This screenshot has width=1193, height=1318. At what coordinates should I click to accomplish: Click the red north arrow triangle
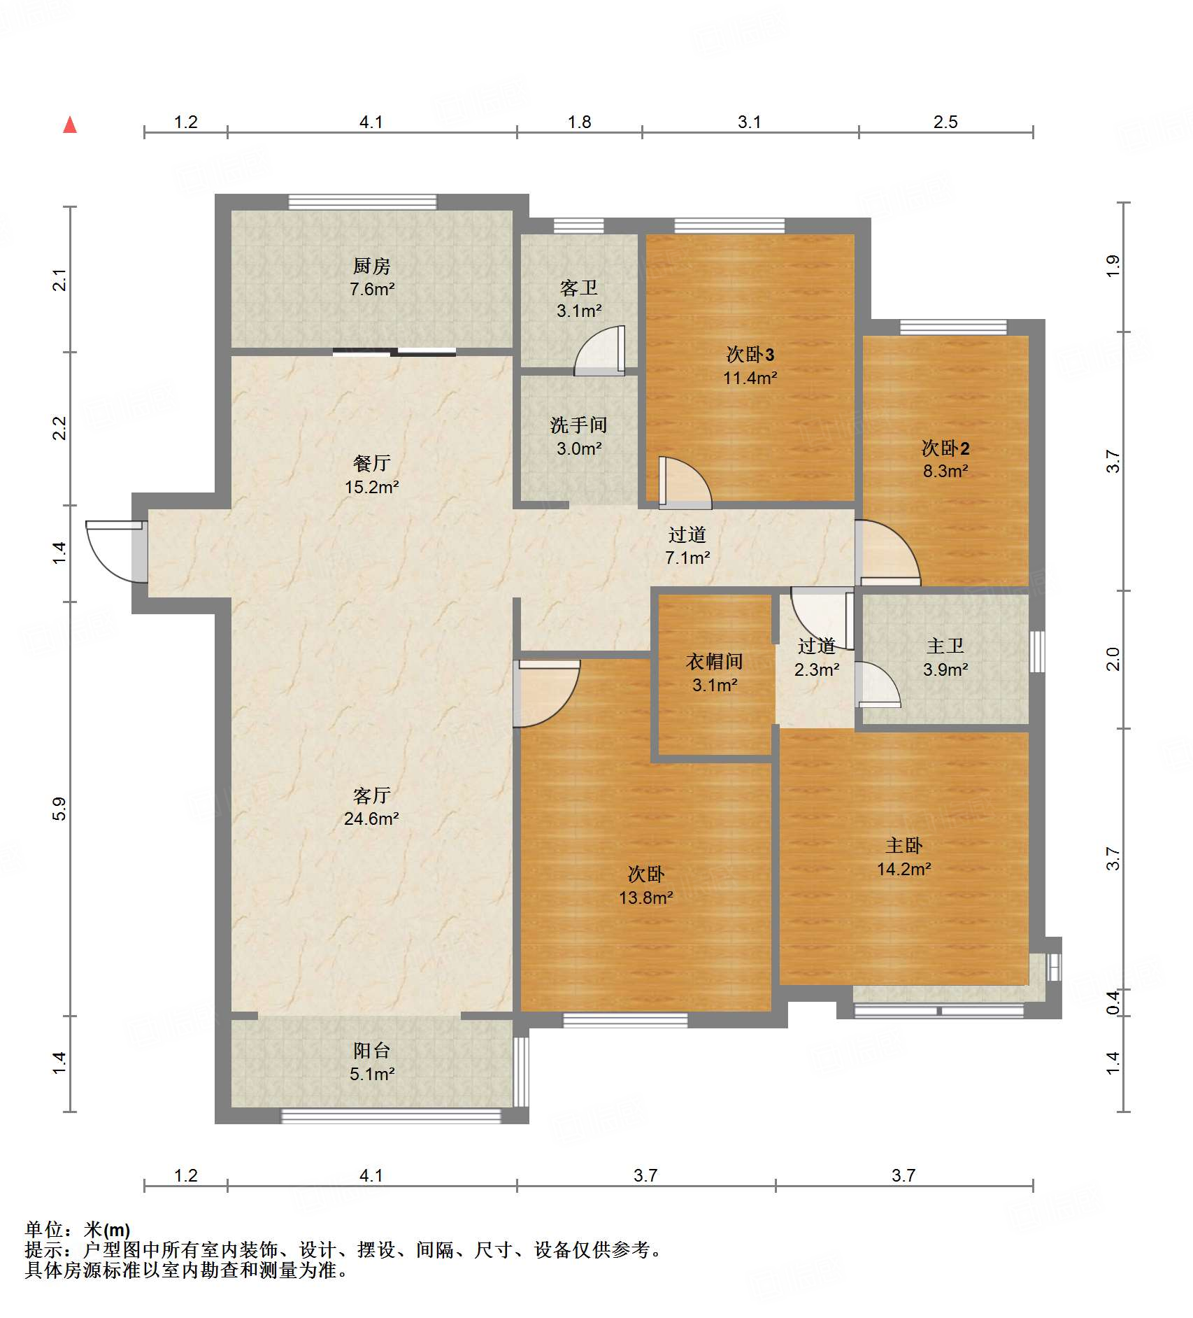[x=70, y=125]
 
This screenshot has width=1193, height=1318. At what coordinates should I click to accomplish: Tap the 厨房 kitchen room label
[x=371, y=266]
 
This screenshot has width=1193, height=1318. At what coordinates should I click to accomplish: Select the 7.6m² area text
[x=372, y=289]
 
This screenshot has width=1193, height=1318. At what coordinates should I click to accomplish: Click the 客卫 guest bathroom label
[x=579, y=288]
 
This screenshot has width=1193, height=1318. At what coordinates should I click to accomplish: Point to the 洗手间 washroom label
[x=578, y=425]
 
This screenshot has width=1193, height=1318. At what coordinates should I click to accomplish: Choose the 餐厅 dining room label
[x=371, y=463]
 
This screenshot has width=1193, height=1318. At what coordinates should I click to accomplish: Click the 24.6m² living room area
[x=371, y=819]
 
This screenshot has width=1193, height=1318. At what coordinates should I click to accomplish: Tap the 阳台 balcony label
[x=371, y=1050]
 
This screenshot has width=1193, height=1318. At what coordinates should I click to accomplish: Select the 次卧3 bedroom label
[x=750, y=355]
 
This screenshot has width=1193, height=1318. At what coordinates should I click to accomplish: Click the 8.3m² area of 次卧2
[x=945, y=471]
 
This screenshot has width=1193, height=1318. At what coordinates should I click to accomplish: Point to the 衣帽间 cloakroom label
[x=714, y=661]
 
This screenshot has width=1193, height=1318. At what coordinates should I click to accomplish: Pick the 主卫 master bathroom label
[x=945, y=646]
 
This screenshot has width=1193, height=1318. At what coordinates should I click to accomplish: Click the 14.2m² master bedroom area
[x=904, y=869]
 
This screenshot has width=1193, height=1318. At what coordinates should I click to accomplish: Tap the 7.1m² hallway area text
[x=687, y=558]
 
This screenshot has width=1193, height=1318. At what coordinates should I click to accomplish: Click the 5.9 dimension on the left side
[x=59, y=809]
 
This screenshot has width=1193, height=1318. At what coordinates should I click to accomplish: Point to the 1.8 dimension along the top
[x=579, y=122]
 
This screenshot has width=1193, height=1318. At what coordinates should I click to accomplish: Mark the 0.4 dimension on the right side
[x=1113, y=1002]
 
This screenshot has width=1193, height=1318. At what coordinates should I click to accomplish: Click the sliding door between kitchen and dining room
[x=394, y=352]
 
